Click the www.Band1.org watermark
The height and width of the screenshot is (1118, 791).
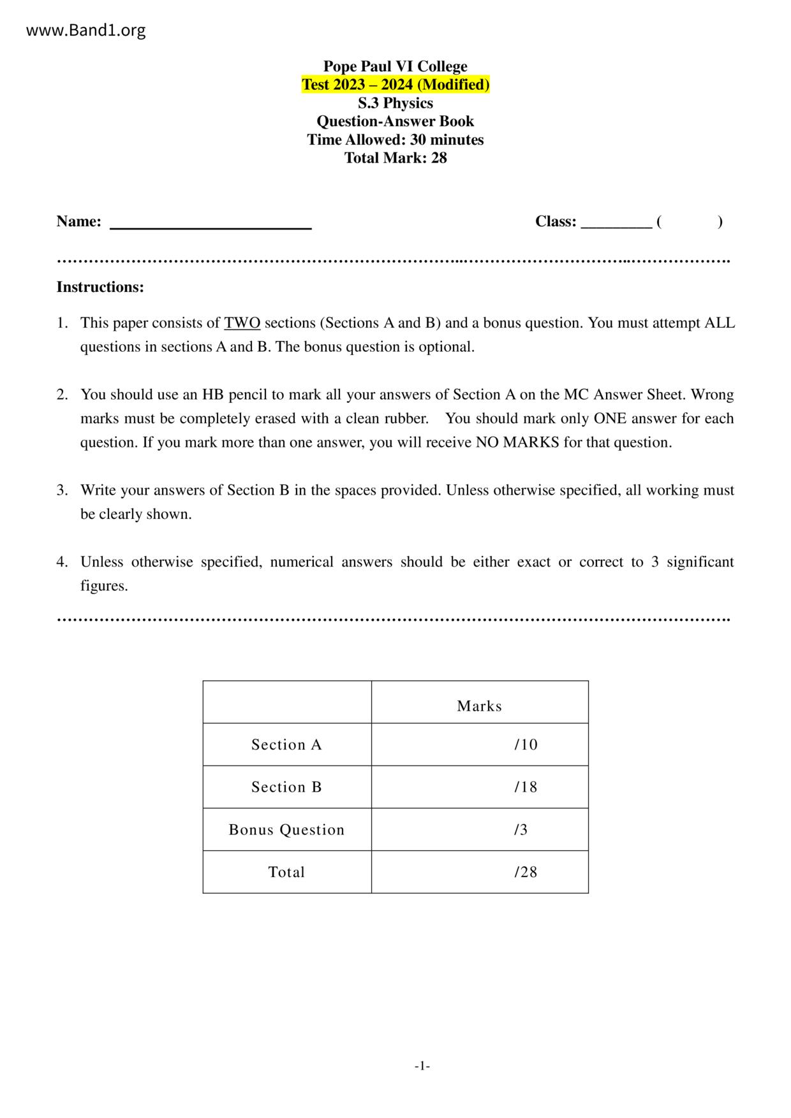tap(85, 30)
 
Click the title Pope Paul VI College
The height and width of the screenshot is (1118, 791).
tap(395, 66)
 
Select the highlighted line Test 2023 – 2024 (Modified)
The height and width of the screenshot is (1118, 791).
tap(395, 85)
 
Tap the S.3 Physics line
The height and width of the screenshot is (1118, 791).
tap(395, 103)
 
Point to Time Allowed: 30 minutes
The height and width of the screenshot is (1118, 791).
tap(395, 140)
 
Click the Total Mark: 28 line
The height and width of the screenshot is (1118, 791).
tap(395, 158)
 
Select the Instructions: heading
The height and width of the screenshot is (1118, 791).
tap(100, 287)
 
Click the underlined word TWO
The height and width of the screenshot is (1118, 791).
tap(242, 323)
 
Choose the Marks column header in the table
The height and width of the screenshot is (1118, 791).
tap(479, 706)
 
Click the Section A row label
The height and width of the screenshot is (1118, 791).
tap(286, 744)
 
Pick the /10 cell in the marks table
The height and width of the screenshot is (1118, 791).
tap(526, 744)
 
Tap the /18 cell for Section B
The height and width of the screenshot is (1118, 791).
tap(526, 787)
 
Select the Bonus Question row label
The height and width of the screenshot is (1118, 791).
tap(286, 829)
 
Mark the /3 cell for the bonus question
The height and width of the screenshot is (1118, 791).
tap(521, 829)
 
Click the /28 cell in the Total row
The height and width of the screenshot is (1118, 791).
tap(526, 872)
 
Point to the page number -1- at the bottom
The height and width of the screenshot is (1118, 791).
tap(422, 1066)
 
